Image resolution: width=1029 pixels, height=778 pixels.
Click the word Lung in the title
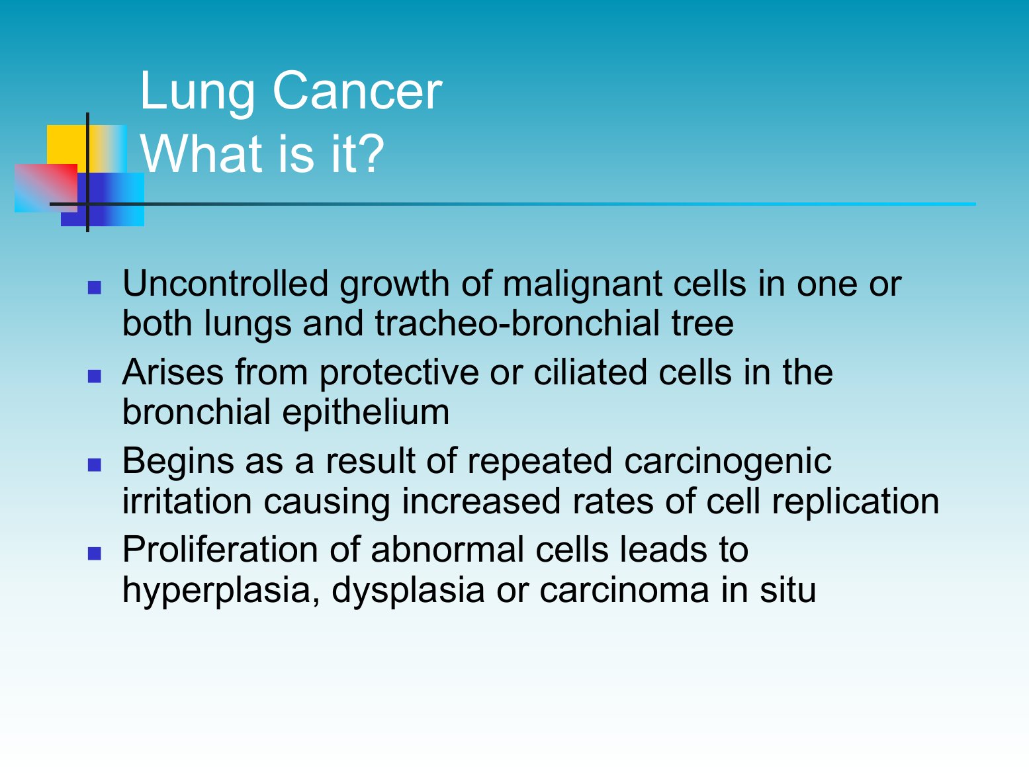tap(197, 93)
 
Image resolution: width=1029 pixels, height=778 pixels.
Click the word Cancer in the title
tap(357, 91)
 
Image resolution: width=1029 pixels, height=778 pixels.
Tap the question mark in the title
tap(370, 153)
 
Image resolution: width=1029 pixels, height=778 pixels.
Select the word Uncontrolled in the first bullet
tap(225, 284)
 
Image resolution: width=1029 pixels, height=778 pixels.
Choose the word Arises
tap(173, 372)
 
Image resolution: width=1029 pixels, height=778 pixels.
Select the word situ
tap(787, 589)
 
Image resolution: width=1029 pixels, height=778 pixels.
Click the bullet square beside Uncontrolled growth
tap(95, 288)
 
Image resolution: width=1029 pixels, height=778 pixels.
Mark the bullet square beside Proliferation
tap(95, 554)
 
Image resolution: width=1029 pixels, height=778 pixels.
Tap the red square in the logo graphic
tap(46, 188)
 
